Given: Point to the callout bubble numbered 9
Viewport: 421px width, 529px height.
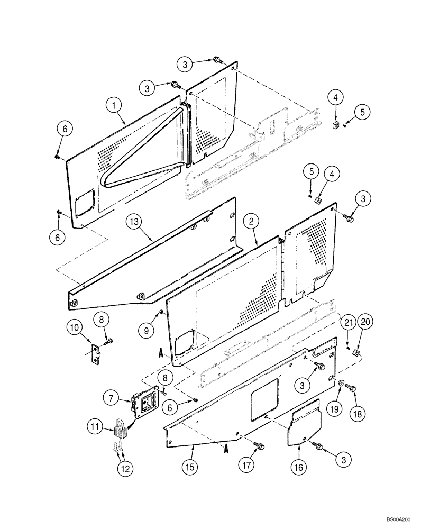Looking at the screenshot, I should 148,330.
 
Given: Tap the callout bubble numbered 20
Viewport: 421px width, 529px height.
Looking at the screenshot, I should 364,321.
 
